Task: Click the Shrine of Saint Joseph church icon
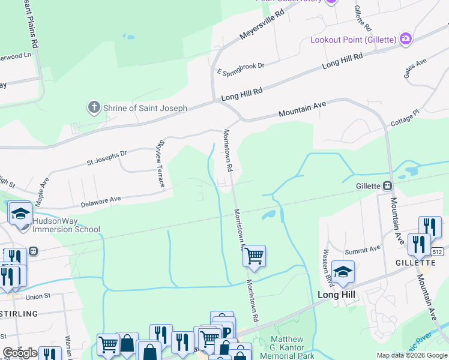coord(94,108)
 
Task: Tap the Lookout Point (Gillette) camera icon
coord(406,39)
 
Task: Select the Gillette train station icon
coord(388,185)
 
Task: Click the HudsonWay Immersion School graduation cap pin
coord(20,213)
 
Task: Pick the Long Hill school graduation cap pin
coord(343,272)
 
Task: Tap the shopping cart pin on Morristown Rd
coord(255,256)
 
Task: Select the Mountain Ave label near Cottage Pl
coord(302,109)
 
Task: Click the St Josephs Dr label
coord(107,158)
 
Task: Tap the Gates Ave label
coord(415,67)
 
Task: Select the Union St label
coord(38,296)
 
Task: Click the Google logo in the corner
coord(20,353)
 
